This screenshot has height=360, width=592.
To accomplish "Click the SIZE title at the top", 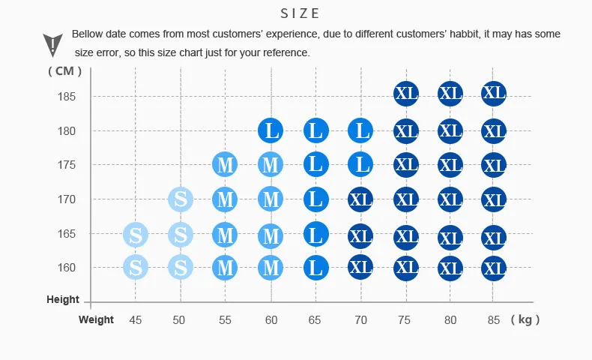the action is click(300, 13).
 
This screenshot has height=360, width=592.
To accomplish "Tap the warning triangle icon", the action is click(52, 45).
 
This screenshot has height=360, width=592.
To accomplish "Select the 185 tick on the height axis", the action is click(67, 97).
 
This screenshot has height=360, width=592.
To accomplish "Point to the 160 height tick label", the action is click(67, 268).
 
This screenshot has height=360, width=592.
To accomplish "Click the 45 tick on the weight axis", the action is click(135, 320).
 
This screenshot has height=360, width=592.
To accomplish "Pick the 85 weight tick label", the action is click(494, 320).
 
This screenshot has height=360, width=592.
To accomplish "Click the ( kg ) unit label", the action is click(525, 319).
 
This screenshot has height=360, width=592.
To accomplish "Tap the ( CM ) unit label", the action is click(65, 71).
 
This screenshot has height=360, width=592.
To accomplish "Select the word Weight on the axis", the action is click(96, 319).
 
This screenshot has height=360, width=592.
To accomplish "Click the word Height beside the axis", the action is click(63, 299).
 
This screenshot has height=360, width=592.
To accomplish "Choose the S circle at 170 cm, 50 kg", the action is click(181, 199).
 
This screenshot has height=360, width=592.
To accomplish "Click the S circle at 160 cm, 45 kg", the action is click(136, 267).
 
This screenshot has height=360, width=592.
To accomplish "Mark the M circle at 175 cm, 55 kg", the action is click(225, 165).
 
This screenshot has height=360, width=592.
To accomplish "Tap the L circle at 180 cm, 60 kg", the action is click(271, 130).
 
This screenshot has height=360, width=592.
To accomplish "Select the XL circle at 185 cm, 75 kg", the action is click(406, 93).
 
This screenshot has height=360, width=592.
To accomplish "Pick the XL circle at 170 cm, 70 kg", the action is click(360, 199).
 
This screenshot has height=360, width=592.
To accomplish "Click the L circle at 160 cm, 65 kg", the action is click(316, 268).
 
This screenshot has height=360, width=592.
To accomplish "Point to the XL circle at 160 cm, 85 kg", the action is click(494, 268).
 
